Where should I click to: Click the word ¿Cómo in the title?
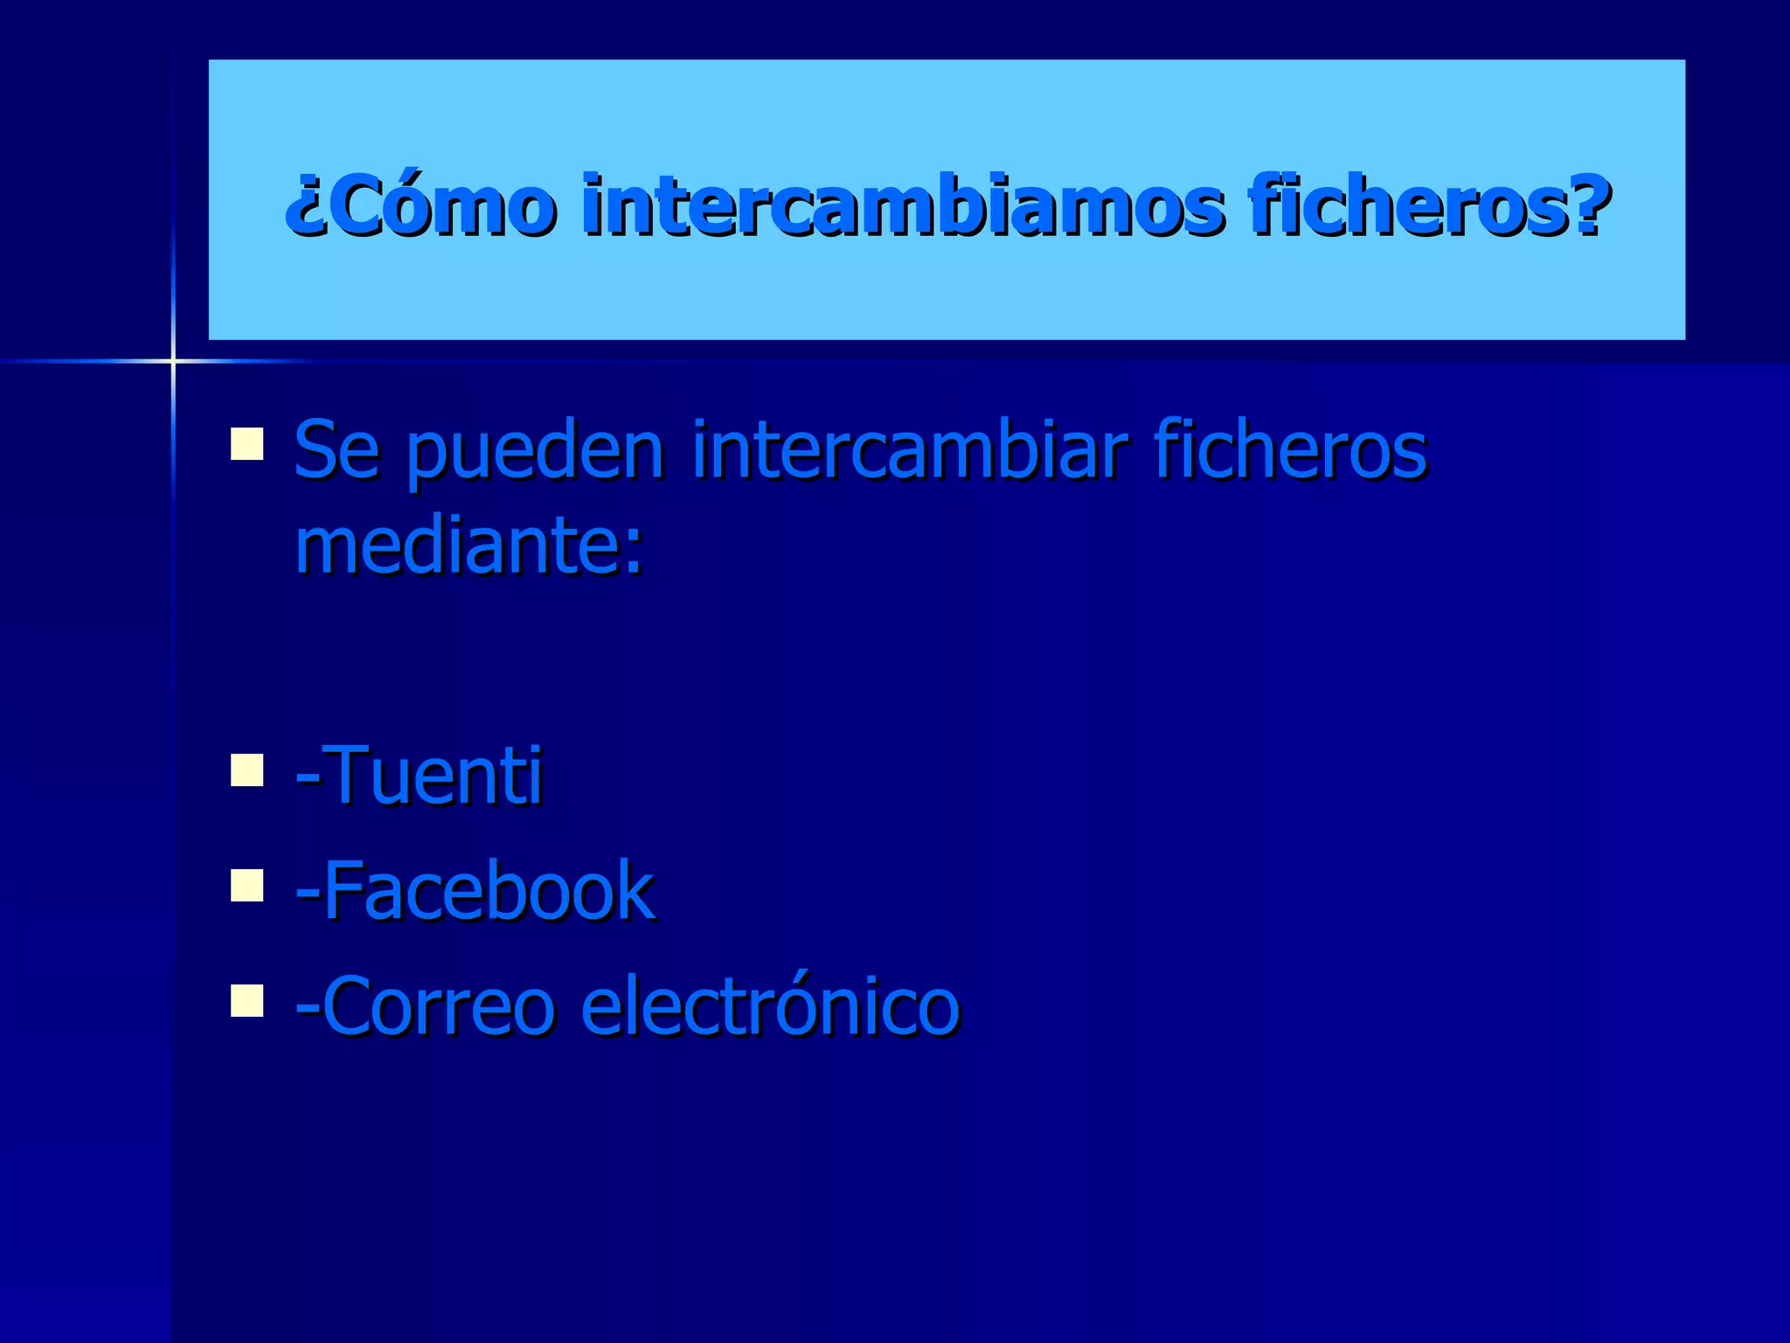click(x=420, y=206)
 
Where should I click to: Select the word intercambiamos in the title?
click(x=900, y=206)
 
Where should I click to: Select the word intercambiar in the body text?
click(x=909, y=451)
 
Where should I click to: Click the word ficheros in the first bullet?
click(x=1290, y=451)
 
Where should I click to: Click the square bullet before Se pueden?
click(x=247, y=443)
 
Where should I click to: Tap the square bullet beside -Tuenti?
click(x=247, y=770)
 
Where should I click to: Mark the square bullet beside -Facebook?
click(x=247, y=885)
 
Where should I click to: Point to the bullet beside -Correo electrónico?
click(x=247, y=1000)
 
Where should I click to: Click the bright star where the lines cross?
click(x=173, y=360)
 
